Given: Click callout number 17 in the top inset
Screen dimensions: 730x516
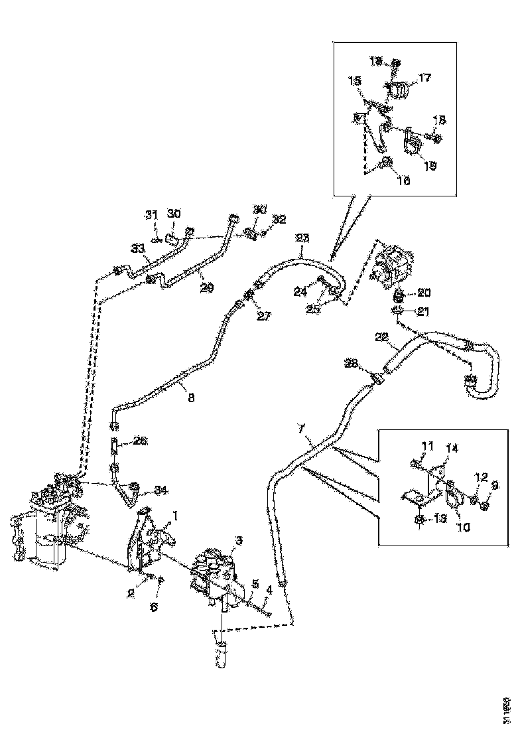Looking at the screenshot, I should tap(424, 78).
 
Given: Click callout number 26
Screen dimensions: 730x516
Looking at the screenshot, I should tap(141, 440).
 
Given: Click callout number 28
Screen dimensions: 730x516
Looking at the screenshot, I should tap(351, 363).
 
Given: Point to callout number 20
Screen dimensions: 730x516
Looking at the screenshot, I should tap(424, 292).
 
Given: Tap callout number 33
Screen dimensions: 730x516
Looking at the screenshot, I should tap(138, 249).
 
